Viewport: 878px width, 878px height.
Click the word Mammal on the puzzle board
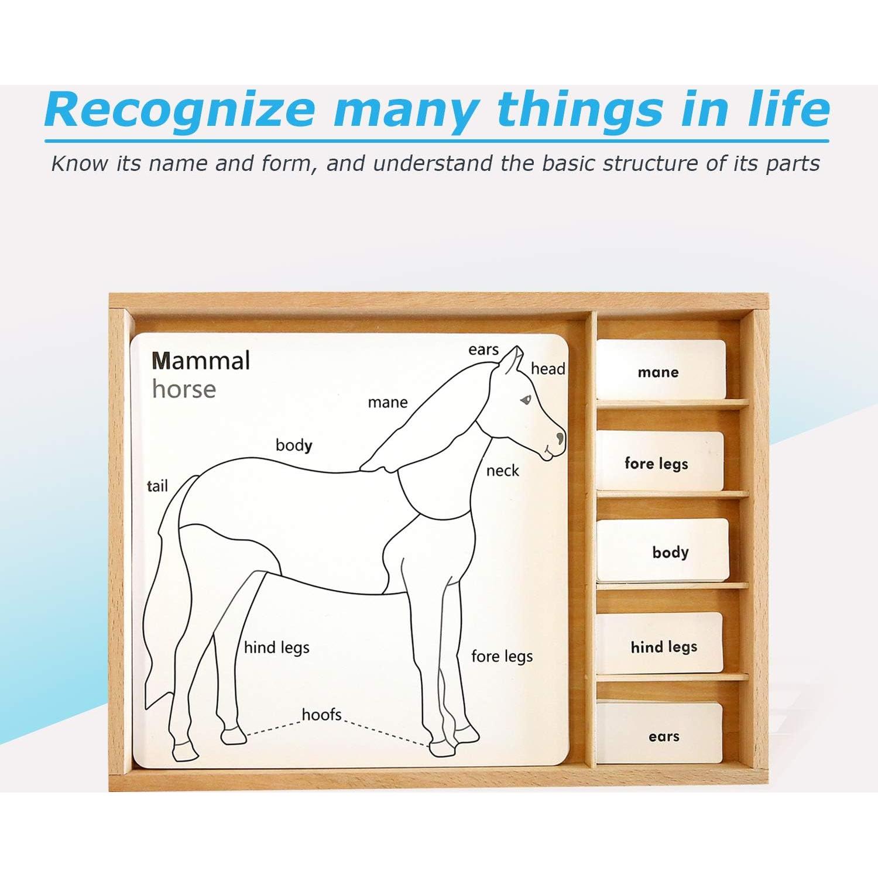click(x=201, y=361)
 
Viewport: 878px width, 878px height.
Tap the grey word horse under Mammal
click(x=184, y=389)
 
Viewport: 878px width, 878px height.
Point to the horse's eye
click(x=526, y=400)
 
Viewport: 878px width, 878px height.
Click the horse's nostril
click(x=561, y=437)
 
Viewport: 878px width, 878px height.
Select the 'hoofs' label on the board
click(x=321, y=715)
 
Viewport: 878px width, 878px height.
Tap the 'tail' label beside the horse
click(x=157, y=486)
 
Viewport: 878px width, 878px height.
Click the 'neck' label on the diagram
click(x=502, y=471)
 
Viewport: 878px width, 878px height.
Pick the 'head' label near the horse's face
click(x=548, y=369)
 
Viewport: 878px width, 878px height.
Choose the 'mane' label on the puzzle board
click(x=387, y=402)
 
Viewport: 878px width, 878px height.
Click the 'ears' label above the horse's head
click(x=483, y=349)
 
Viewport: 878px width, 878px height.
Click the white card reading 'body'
click(x=663, y=551)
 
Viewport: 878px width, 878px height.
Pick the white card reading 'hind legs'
click(x=660, y=645)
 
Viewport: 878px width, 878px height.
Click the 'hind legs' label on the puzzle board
click(x=276, y=647)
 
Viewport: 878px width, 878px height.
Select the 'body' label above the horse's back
click(x=294, y=445)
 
